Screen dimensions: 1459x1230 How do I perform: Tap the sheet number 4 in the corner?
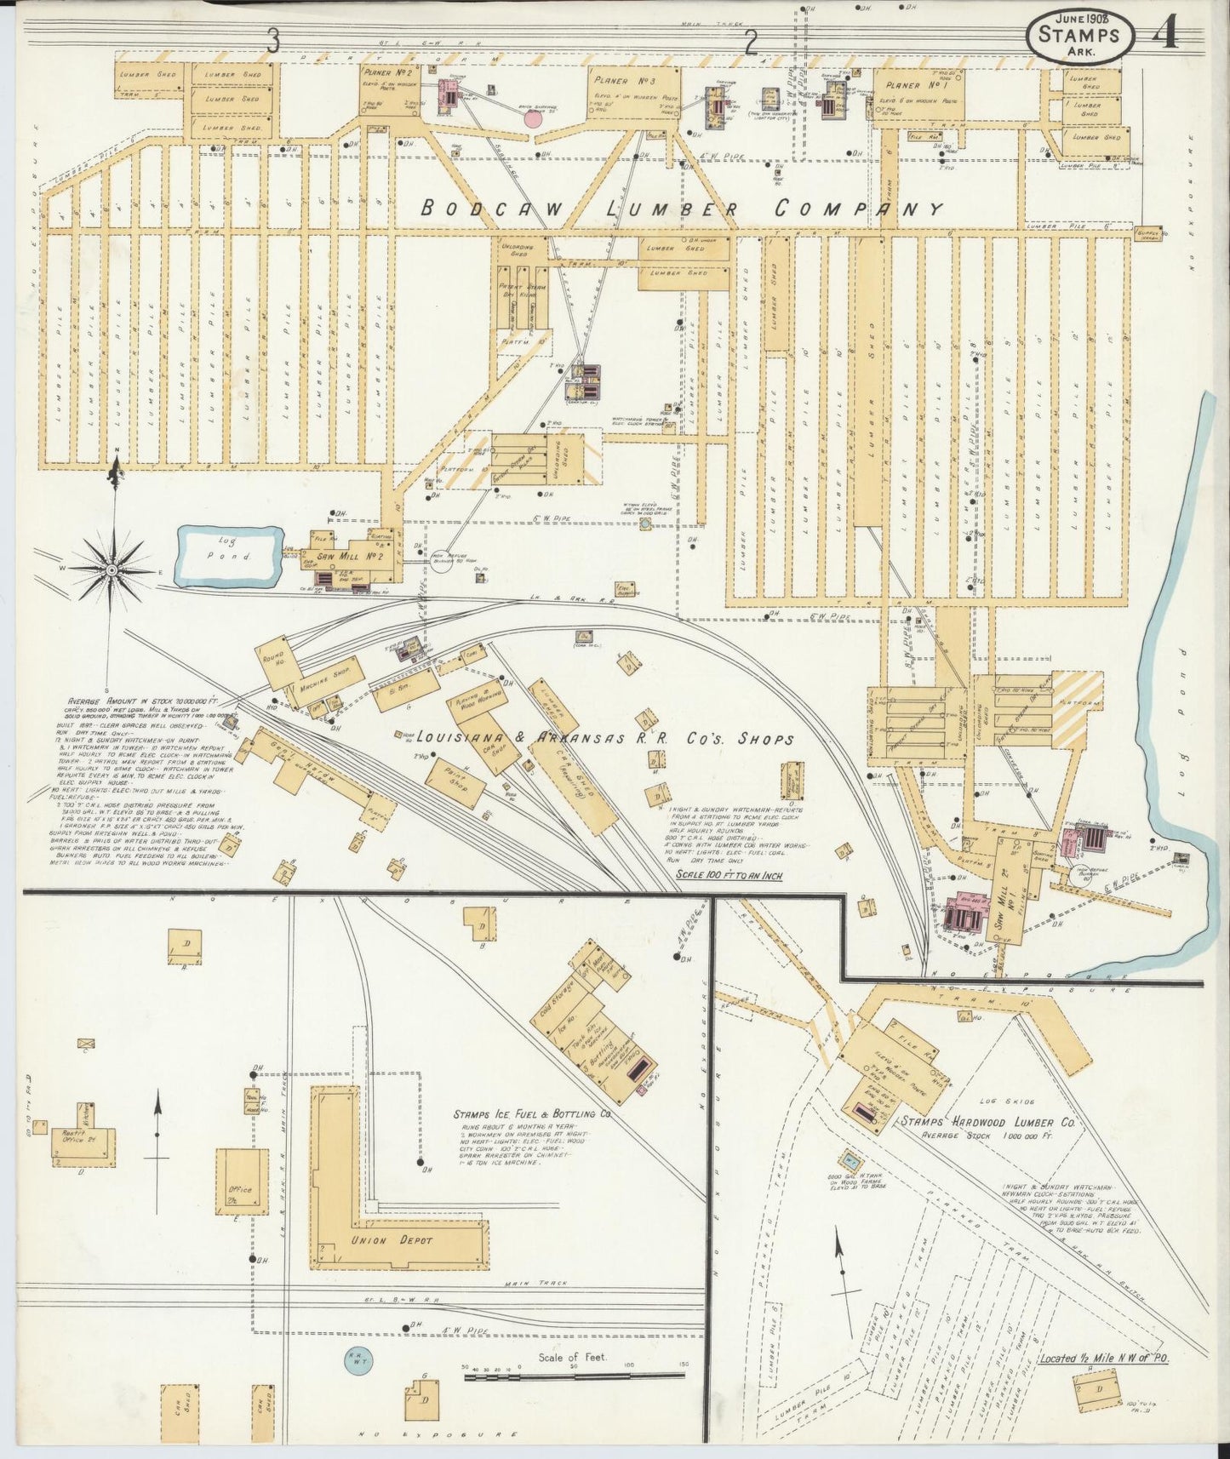(x=1164, y=35)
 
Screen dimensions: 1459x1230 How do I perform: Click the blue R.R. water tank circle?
(x=358, y=1359)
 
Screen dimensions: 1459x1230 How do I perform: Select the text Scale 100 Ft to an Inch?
(x=729, y=874)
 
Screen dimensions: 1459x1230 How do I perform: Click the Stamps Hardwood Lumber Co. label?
(x=991, y=1123)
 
